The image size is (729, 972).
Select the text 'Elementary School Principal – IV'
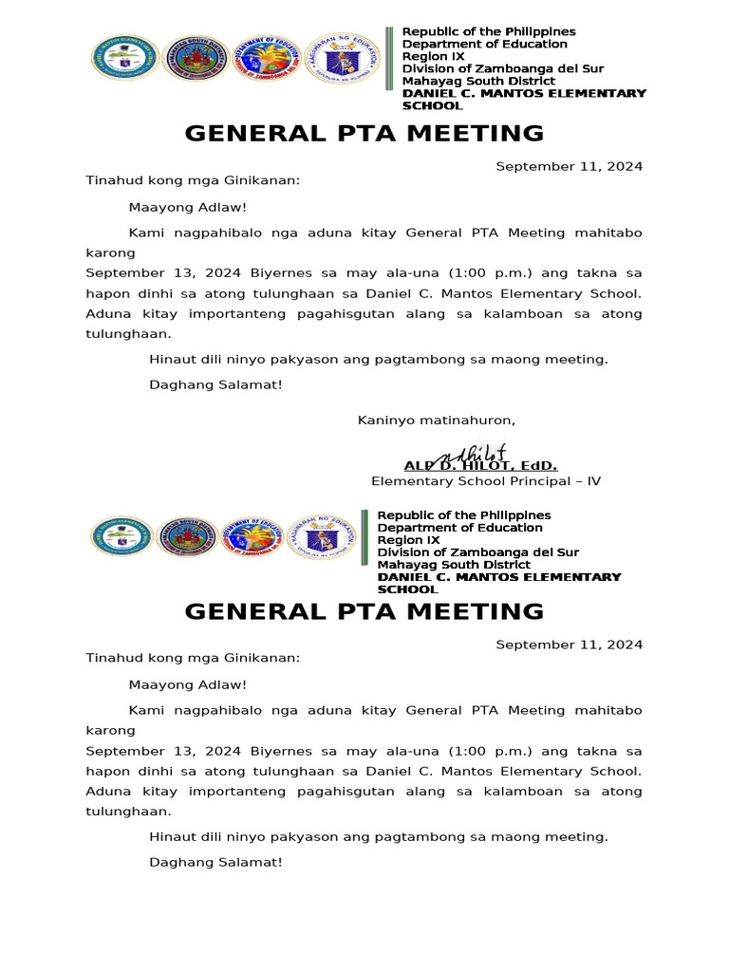click(x=485, y=481)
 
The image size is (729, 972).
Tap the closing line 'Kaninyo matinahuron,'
click(x=436, y=421)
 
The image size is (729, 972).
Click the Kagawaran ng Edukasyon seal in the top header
click(x=345, y=58)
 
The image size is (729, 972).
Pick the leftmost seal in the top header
click(x=121, y=60)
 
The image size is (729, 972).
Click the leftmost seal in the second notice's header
click(x=121, y=539)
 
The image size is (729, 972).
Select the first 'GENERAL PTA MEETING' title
click(x=364, y=133)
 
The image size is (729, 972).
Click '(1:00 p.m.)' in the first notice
click(x=461, y=271)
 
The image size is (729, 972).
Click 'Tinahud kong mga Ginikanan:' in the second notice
click(x=193, y=658)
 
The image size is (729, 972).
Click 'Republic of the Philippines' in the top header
click(x=489, y=31)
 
